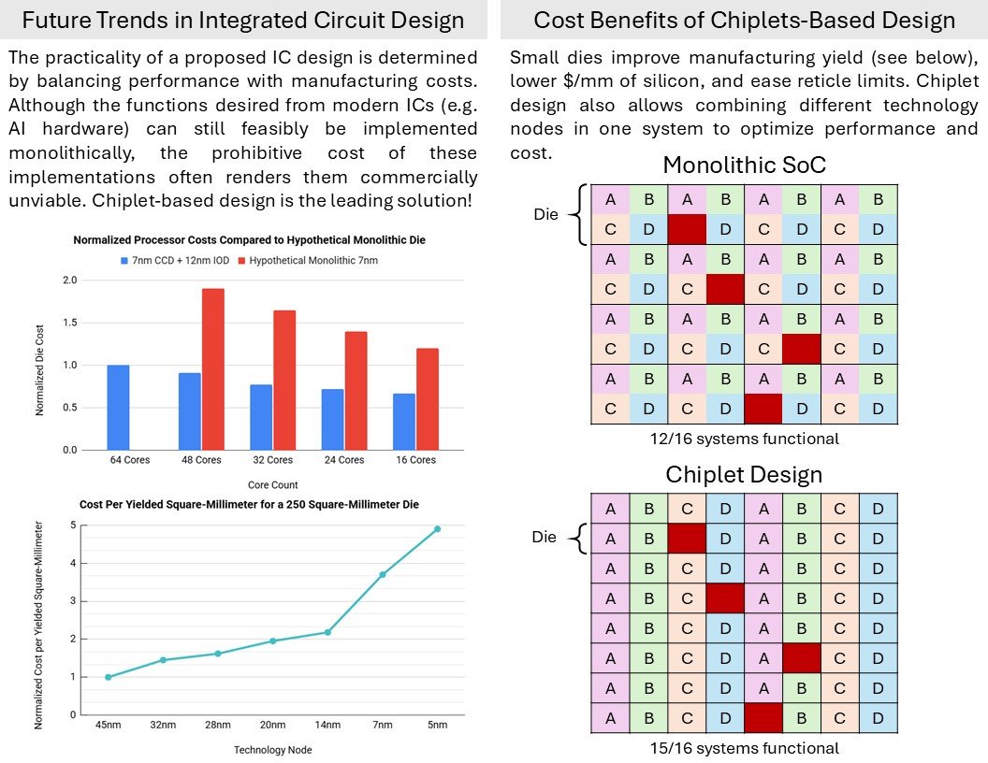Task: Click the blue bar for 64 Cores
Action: coord(118,408)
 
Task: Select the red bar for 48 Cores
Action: coord(213,369)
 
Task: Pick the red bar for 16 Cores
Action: coord(428,399)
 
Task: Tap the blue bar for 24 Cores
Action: coord(333,419)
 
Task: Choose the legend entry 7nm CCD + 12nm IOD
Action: coord(175,261)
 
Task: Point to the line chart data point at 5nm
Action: coord(437,529)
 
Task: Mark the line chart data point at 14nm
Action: coord(327,632)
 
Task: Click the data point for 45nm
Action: coord(109,677)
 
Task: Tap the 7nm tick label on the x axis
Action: coord(383,725)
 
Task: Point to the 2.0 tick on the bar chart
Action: coord(70,281)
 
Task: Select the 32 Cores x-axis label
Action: coord(273,459)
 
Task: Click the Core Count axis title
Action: coord(273,484)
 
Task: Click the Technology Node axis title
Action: coord(273,750)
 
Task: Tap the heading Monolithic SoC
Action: coord(744,165)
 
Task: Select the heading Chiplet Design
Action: coord(744,474)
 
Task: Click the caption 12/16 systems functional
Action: coord(744,439)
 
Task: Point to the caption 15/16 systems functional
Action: coord(744,748)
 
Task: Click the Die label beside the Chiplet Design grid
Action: coord(544,537)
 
